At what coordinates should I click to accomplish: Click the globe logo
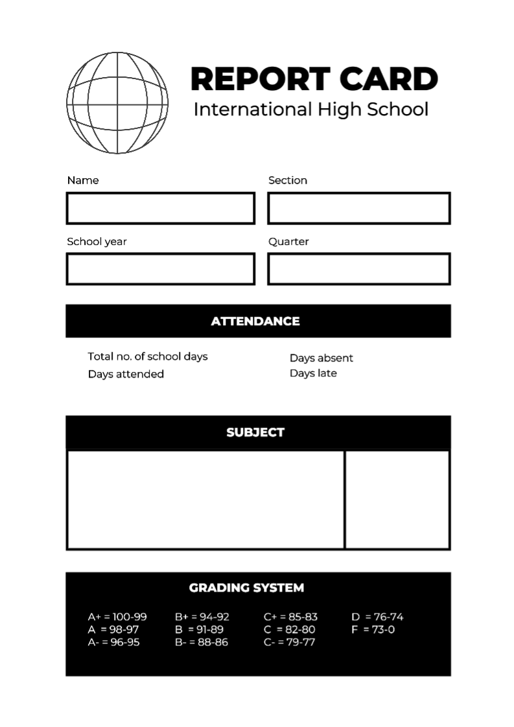[117, 103]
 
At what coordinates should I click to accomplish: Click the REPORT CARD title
[314, 79]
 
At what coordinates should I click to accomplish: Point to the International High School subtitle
[311, 109]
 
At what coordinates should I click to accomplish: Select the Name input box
[160, 208]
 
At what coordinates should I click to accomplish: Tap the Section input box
[358, 208]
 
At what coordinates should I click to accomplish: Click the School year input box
[160, 269]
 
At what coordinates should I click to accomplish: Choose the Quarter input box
[358, 269]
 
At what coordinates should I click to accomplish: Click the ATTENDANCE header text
[255, 321]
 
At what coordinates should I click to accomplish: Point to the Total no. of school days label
[148, 356]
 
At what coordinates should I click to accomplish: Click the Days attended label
[126, 374]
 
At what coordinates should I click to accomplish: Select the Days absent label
[321, 358]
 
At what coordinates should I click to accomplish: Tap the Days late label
[313, 373]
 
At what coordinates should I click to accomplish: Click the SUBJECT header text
[255, 432]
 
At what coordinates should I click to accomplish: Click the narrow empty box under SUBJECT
[397, 500]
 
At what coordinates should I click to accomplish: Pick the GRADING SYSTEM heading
[246, 588]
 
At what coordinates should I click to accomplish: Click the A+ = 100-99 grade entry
[117, 617]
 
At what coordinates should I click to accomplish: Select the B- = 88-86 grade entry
[202, 642]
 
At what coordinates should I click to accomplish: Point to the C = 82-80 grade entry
[290, 629]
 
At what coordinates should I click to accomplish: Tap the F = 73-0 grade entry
[373, 629]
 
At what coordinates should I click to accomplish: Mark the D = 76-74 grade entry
[377, 617]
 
